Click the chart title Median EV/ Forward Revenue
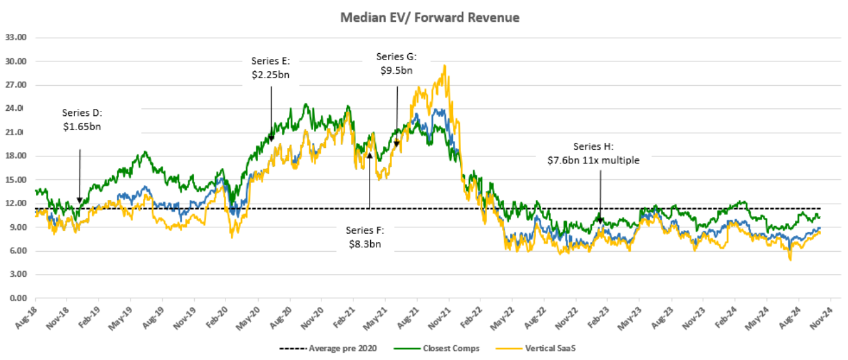coord(429,18)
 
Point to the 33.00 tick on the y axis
coord(15,38)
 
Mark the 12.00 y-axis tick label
coord(15,204)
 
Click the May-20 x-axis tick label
coord(248,315)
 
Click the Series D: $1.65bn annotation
coord(81,120)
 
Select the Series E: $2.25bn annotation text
coord(271,68)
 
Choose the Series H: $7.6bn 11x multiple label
coord(593,154)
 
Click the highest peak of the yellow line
coord(444,65)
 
